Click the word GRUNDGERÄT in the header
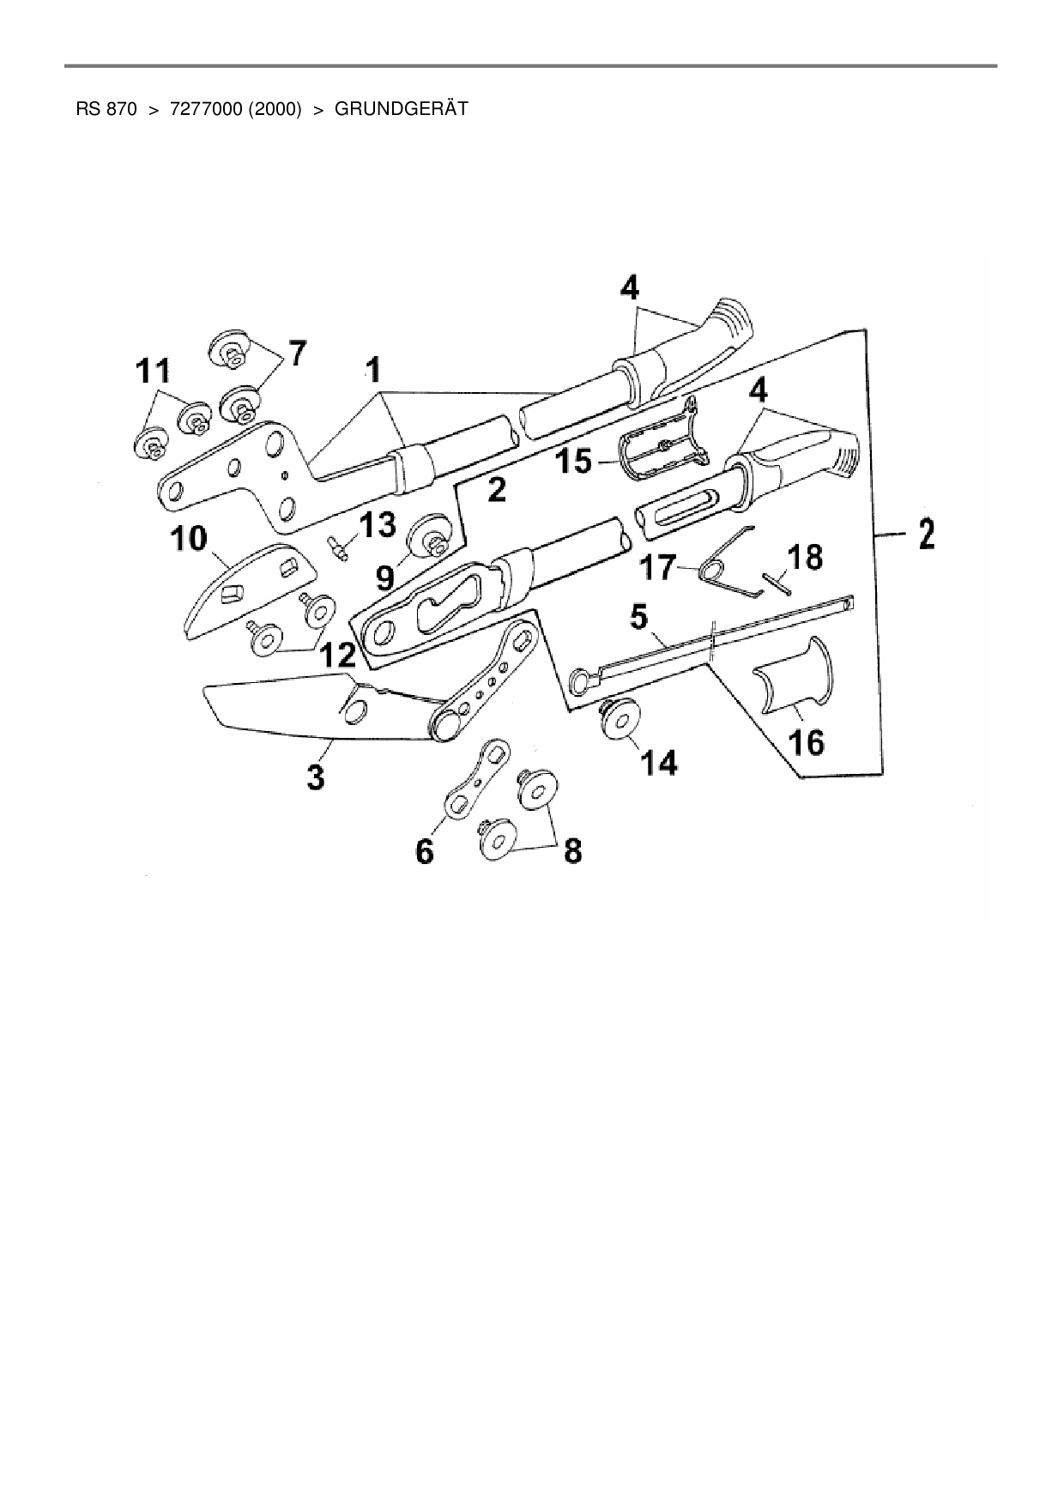[401, 110]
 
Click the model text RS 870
[106, 110]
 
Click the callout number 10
[189, 539]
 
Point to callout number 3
[317, 777]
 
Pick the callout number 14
[656, 762]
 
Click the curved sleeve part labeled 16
[795, 677]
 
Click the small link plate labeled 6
[475, 776]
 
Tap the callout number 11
[153, 372]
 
